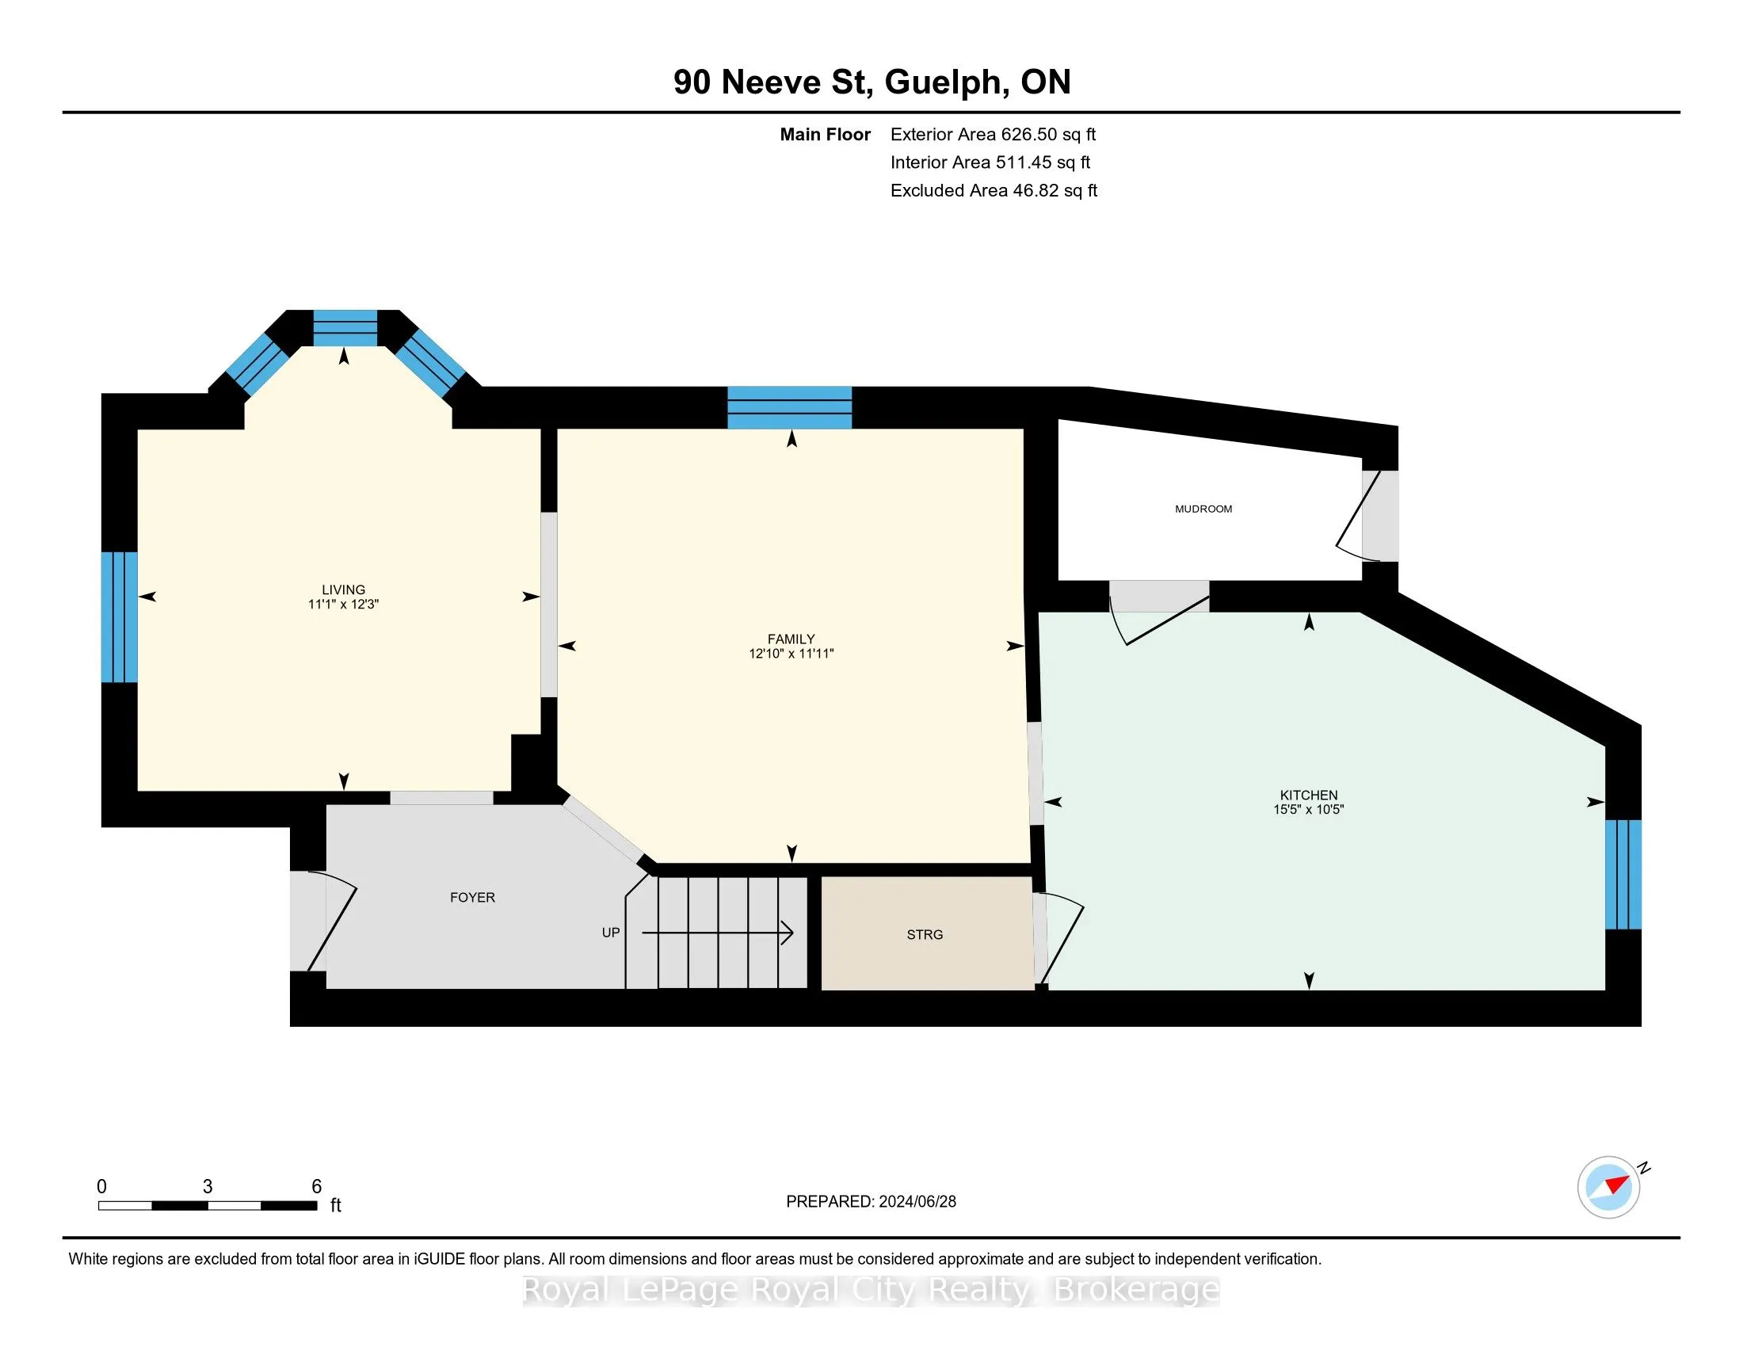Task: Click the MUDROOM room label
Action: (1203, 509)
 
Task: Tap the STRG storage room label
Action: (924, 934)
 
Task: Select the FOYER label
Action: (472, 898)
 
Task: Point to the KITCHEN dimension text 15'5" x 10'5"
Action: (1308, 809)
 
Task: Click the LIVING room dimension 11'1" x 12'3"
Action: (343, 604)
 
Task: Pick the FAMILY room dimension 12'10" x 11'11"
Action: (791, 654)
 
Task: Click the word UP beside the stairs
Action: (611, 933)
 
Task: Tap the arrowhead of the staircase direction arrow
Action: (788, 932)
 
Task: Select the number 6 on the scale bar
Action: (316, 1187)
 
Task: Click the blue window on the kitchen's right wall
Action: (1623, 875)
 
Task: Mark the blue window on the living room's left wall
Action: (120, 616)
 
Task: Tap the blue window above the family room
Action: (789, 408)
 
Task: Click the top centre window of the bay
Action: (345, 328)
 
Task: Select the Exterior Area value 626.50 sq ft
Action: (1048, 134)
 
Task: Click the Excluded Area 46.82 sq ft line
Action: (994, 191)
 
